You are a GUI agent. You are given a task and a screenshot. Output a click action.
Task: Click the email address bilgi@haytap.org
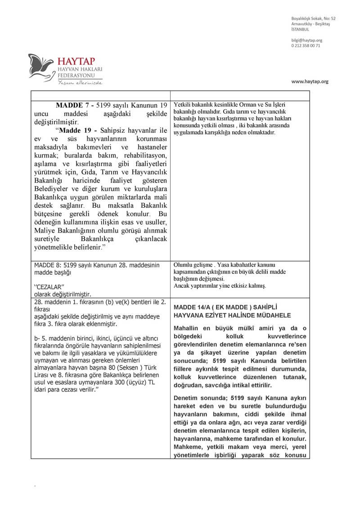[307, 40]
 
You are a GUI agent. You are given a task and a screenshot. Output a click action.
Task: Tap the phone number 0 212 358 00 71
[306, 46]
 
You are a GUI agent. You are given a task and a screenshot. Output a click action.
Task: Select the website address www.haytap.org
[310, 81]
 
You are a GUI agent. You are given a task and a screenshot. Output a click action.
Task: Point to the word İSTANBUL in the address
[300, 29]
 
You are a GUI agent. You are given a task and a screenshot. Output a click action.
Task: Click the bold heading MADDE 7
[73, 105]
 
